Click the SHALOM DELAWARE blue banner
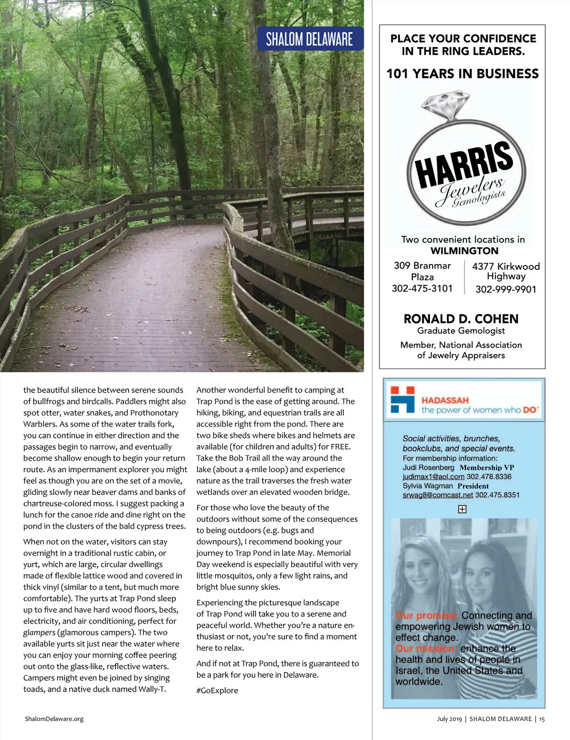click(310, 39)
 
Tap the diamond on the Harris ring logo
click(440, 105)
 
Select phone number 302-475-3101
click(422, 289)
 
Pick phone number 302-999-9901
click(505, 290)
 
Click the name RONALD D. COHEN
click(461, 319)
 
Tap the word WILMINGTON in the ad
click(464, 251)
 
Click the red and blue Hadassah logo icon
click(402, 399)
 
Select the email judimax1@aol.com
click(433, 477)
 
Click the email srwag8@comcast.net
click(437, 495)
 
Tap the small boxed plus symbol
click(462, 509)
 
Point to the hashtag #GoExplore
click(217, 691)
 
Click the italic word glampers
click(39, 633)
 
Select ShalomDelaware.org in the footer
click(54, 719)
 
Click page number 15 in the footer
click(542, 719)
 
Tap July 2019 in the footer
click(449, 719)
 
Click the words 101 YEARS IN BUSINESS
click(462, 74)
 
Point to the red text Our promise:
click(427, 616)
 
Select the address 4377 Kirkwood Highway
click(506, 271)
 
